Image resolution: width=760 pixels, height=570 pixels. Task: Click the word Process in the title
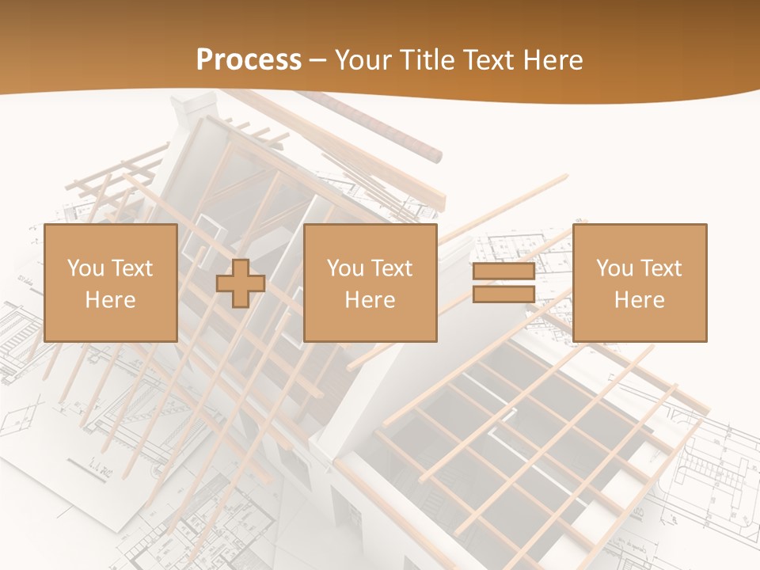[249, 60]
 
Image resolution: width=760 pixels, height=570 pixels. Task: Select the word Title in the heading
[426, 60]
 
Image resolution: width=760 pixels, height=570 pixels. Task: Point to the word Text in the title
[486, 60]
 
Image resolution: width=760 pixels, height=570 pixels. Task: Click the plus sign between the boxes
[241, 283]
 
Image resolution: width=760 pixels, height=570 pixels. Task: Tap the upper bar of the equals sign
[503, 272]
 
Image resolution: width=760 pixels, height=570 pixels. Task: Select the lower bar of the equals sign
[503, 294]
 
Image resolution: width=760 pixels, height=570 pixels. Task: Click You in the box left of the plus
[85, 268]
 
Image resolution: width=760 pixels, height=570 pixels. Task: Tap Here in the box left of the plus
[110, 300]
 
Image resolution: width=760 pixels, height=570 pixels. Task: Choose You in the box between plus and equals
[345, 268]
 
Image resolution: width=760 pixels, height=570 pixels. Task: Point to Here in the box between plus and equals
[370, 300]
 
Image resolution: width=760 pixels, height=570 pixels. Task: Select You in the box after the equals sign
[614, 268]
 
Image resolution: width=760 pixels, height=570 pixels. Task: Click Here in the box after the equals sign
[639, 300]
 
